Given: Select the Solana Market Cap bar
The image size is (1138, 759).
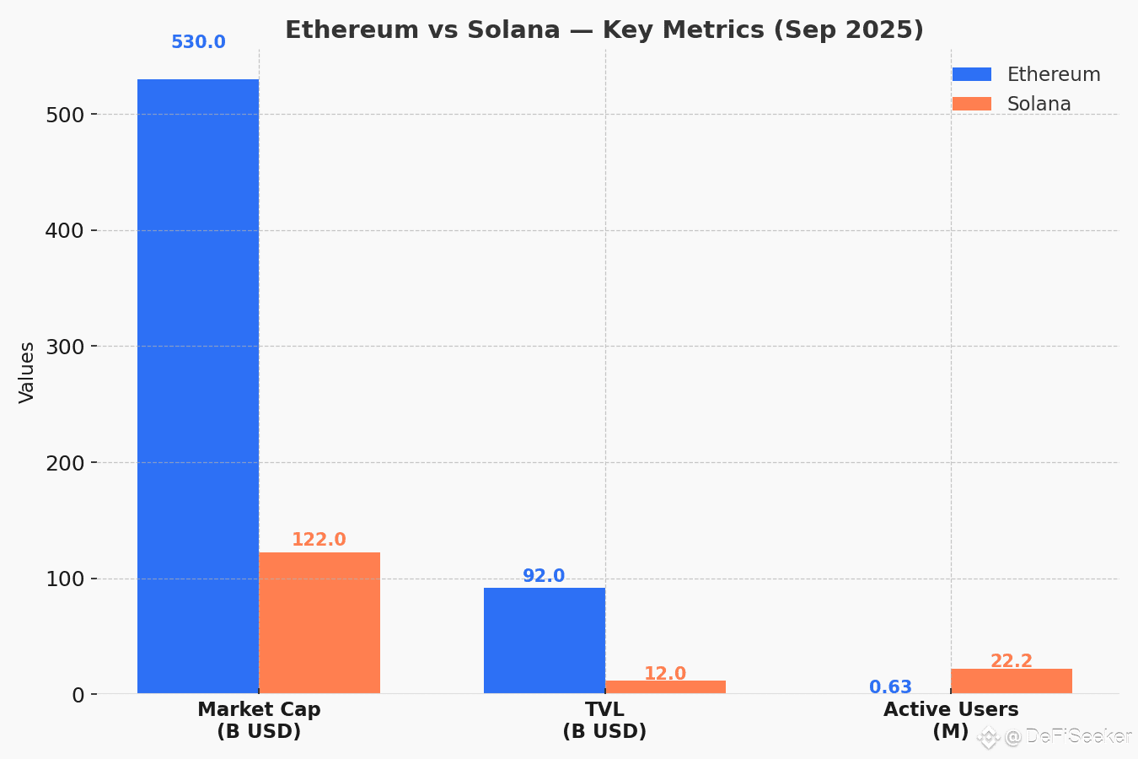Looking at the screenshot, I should (x=319, y=623).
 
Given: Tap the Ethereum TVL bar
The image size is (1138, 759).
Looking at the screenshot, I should (x=544, y=641).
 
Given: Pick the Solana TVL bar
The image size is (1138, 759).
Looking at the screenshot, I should (x=665, y=687).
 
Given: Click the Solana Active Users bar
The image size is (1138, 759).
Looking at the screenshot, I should (x=1012, y=681).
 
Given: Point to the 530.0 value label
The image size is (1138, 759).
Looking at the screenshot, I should (x=198, y=42).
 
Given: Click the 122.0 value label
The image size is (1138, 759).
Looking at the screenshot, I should (x=319, y=540).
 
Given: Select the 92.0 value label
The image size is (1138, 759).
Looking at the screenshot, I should (x=544, y=576).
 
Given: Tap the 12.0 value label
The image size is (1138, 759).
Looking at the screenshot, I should (x=665, y=674).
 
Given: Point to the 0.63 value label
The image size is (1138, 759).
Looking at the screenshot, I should (x=890, y=687).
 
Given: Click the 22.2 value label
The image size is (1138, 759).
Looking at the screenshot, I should (x=1012, y=661).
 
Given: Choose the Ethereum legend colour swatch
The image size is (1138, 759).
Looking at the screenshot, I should (x=972, y=74).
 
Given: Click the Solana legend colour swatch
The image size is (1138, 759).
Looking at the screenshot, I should (x=972, y=104).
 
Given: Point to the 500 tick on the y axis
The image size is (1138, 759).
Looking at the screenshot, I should (x=65, y=115).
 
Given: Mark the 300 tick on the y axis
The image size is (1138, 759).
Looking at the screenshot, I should (x=65, y=347).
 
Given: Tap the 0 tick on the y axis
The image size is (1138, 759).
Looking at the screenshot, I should (x=78, y=695).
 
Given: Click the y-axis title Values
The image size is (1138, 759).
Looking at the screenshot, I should (x=27, y=372).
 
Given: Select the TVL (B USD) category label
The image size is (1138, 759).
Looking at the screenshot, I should (x=604, y=720).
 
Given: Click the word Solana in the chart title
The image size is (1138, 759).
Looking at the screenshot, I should (x=513, y=30).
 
